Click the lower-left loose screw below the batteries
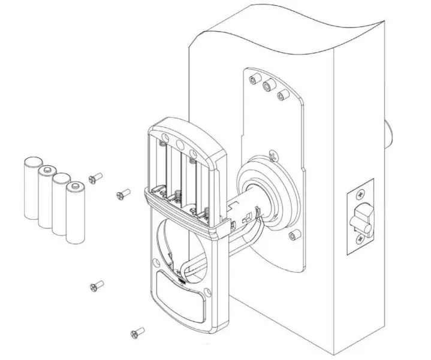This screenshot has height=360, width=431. tap(97, 286)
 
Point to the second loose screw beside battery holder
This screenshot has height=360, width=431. tap(123, 193)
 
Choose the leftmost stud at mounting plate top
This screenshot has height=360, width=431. tap(252, 78)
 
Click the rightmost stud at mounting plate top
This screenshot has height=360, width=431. tap(280, 94)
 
